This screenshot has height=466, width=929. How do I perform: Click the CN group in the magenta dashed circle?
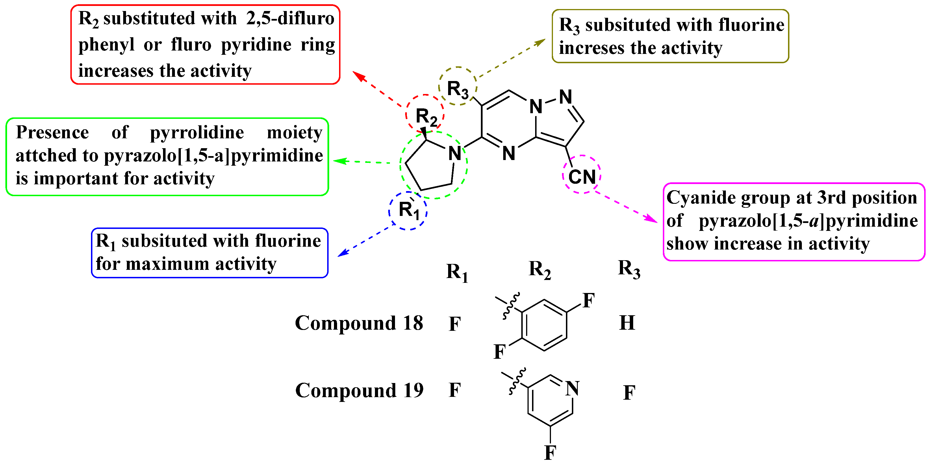point(582,177)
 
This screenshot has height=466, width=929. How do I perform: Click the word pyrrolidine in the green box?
point(197,132)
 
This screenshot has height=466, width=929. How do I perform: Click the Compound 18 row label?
point(359,323)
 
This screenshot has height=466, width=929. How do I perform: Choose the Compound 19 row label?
point(359,390)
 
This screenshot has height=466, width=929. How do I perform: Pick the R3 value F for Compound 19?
point(629,393)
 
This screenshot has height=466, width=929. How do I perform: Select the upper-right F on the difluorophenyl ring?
point(588,301)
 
